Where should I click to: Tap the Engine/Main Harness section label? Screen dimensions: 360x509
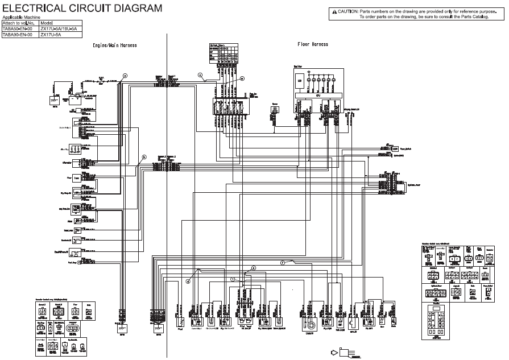(x=115, y=45)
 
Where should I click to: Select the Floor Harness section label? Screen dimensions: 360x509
(x=313, y=44)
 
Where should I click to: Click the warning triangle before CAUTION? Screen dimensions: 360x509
(x=333, y=11)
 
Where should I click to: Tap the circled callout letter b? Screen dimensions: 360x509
(x=144, y=156)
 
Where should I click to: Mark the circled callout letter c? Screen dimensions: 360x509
(x=200, y=75)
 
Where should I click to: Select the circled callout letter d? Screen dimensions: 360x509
(x=188, y=279)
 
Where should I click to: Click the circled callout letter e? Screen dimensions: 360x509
(x=254, y=267)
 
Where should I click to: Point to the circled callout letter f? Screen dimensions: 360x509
(x=283, y=262)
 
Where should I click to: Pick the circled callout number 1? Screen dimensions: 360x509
(x=232, y=279)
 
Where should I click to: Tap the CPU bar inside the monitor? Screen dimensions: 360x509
(x=318, y=96)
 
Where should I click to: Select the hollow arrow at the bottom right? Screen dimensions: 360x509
(x=343, y=351)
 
